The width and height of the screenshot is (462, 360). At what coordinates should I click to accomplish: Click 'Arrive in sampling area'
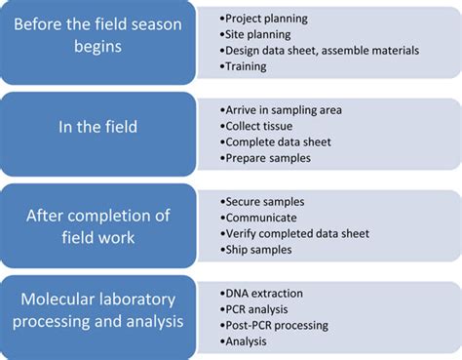pyautogui.click(x=282, y=108)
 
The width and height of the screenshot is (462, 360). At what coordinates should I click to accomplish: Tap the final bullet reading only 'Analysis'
pyautogui.click(x=249, y=341)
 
